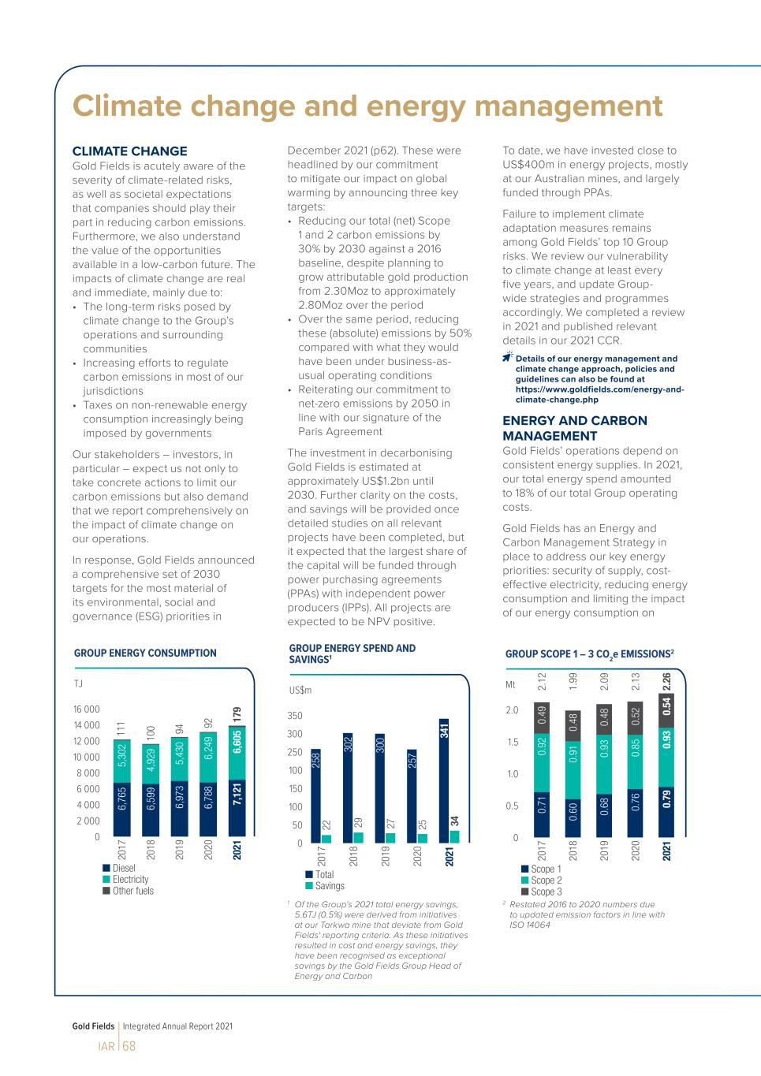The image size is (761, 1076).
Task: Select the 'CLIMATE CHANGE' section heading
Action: point(129,151)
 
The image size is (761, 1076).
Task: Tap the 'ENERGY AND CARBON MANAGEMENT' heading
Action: point(574,428)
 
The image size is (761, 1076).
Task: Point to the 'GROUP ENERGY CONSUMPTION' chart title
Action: point(145,653)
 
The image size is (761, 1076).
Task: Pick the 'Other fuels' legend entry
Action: point(132,891)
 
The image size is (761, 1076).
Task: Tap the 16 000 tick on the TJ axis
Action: point(87,709)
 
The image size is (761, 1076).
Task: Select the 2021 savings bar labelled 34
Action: point(454,837)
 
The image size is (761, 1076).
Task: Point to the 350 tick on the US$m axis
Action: point(294,716)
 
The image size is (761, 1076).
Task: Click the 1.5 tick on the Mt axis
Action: point(511,742)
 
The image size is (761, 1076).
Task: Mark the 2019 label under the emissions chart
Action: point(604,851)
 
